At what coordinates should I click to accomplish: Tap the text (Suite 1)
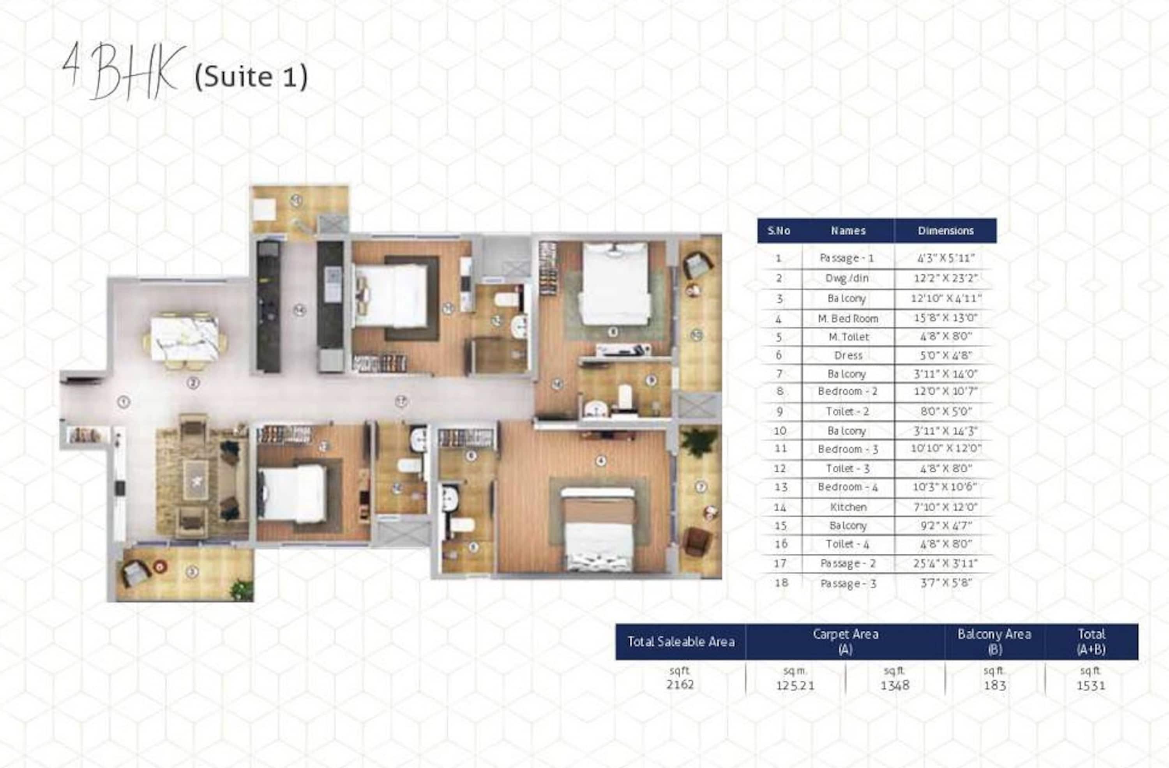(251, 77)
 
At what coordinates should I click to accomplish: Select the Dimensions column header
(945, 231)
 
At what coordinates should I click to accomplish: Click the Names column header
(848, 231)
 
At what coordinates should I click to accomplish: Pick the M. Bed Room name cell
(848, 319)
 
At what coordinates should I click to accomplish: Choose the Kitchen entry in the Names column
(848, 507)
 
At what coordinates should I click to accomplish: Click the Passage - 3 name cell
(848, 584)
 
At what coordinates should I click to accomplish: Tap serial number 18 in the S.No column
(781, 583)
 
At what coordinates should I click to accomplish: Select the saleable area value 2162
(680, 685)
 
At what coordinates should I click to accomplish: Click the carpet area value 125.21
(795, 685)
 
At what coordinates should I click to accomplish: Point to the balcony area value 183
(995, 685)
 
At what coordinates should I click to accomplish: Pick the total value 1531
(1091, 685)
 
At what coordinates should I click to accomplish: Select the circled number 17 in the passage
(402, 402)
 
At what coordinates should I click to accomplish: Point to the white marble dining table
(184, 339)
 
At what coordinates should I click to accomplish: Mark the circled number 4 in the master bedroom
(600, 461)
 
